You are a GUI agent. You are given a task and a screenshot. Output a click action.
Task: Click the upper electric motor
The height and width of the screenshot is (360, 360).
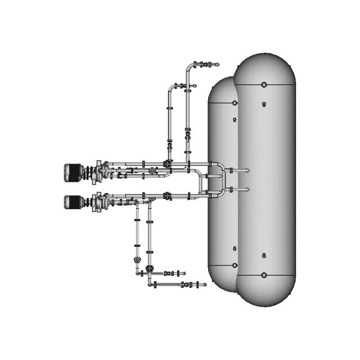(x=74, y=170)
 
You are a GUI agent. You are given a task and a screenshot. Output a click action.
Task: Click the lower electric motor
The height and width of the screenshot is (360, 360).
(x=74, y=201)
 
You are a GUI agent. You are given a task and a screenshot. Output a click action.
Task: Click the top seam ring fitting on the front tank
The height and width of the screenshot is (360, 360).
(x=264, y=85)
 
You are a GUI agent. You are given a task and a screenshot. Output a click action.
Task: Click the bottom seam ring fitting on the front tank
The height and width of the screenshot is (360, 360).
(x=264, y=275)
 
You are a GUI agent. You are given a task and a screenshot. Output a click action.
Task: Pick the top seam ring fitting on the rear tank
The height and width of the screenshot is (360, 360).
(x=235, y=103)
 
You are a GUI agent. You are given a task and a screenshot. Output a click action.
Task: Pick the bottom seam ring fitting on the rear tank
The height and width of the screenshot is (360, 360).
(x=235, y=265)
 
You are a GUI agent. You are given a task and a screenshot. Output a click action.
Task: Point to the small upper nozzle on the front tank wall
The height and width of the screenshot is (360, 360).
(x=264, y=104)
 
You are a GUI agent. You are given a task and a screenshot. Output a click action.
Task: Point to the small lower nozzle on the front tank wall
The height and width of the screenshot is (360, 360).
(x=264, y=256)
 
